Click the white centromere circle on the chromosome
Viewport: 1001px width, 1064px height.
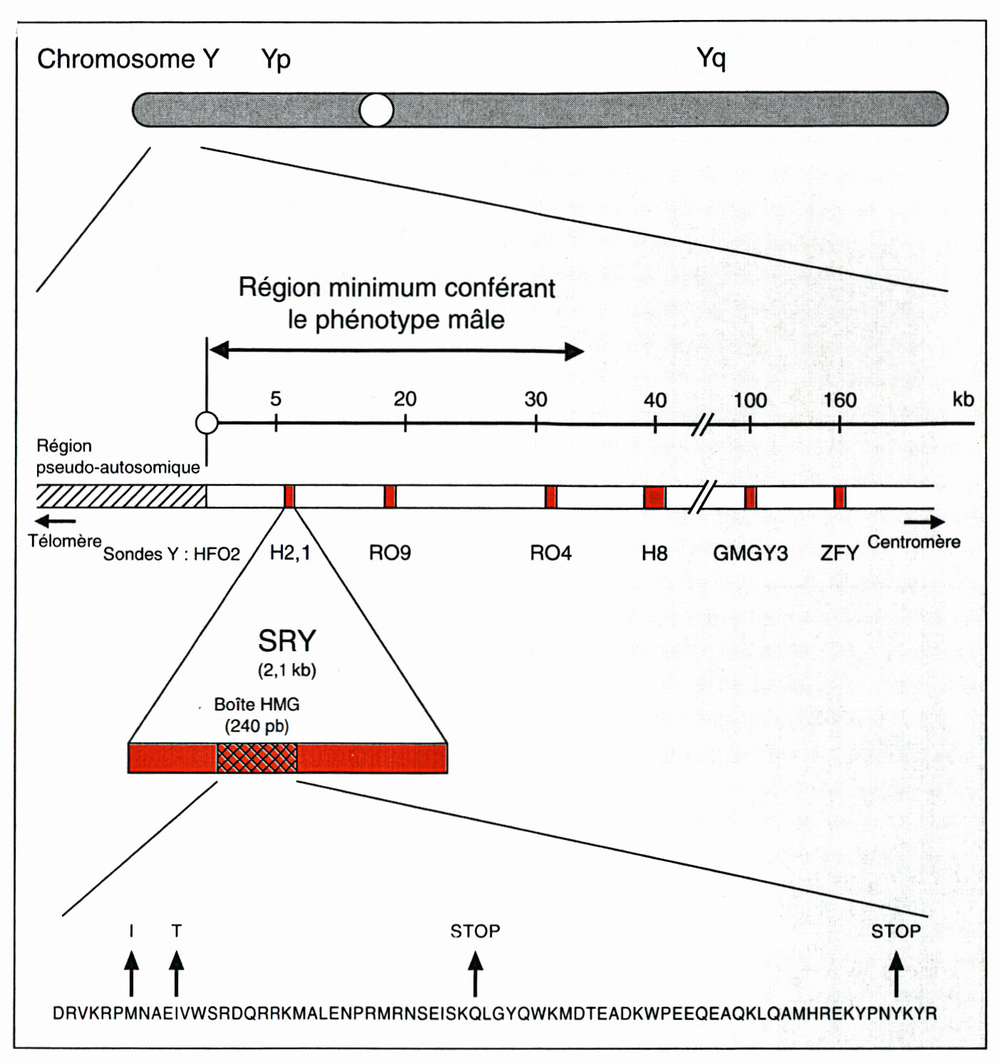point(376,110)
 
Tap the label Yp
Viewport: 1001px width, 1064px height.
point(276,59)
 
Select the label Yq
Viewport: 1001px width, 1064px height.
point(711,58)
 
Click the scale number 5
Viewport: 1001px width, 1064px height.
point(275,399)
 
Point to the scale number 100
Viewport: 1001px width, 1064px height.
point(749,400)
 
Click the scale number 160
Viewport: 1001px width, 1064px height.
point(840,400)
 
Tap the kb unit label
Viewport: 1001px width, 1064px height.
point(963,399)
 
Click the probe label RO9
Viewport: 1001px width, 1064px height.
point(389,553)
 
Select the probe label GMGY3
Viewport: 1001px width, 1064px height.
point(750,553)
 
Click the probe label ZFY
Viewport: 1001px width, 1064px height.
point(840,553)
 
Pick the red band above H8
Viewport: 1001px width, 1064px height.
point(654,497)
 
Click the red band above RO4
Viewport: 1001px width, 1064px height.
point(550,497)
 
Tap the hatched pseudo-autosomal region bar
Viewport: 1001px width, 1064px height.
point(122,496)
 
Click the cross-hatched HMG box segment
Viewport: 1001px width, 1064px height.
point(257,758)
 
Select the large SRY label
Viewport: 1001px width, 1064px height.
point(287,641)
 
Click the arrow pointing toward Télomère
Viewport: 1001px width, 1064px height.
point(55,521)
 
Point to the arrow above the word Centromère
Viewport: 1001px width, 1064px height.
point(925,522)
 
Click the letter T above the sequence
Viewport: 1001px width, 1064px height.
point(176,931)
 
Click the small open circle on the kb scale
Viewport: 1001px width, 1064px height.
point(207,423)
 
